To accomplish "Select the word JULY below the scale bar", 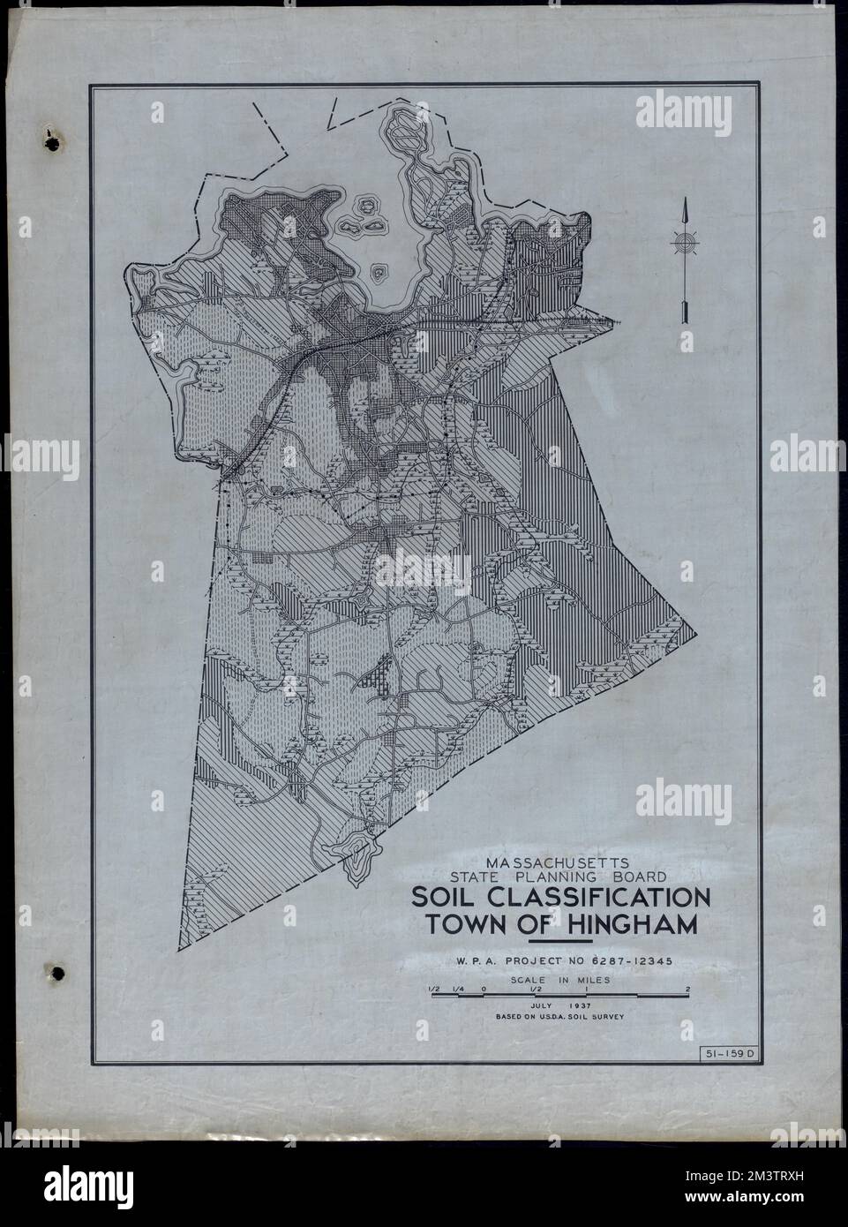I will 538,1005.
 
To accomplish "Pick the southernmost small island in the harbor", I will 381,272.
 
